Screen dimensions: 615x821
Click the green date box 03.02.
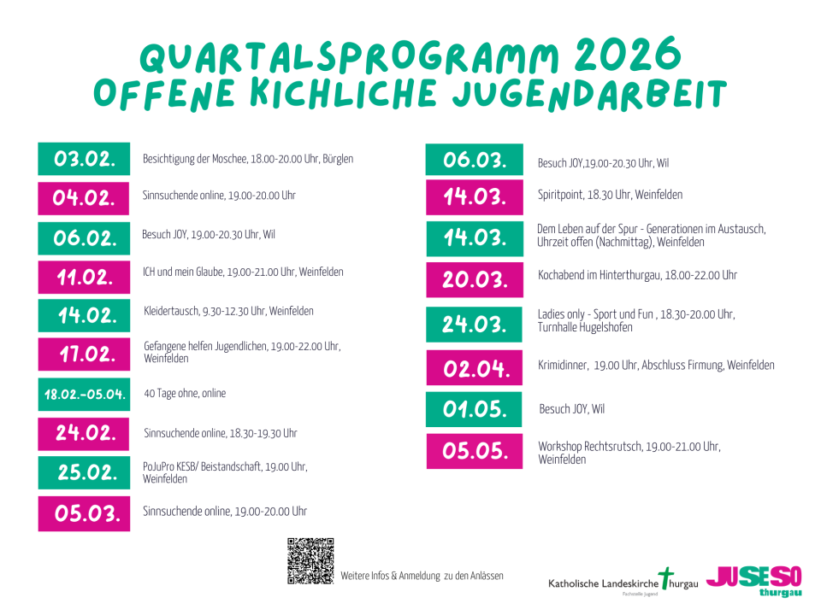(x=84, y=159)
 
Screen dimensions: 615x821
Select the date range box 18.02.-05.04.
(x=84, y=395)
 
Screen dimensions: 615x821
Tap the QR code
(x=310, y=561)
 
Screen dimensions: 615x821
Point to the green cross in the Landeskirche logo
(x=667, y=578)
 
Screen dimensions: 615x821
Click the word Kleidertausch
(x=172, y=311)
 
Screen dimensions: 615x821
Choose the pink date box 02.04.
(x=474, y=368)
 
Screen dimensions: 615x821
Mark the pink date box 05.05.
(x=474, y=451)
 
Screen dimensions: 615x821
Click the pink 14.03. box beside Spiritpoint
(x=474, y=197)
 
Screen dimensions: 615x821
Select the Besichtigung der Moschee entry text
(x=248, y=159)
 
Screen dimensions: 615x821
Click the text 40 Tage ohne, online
(x=185, y=394)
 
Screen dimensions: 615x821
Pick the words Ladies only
(x=561, y=315)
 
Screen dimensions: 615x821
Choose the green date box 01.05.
(x=474, y=409)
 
